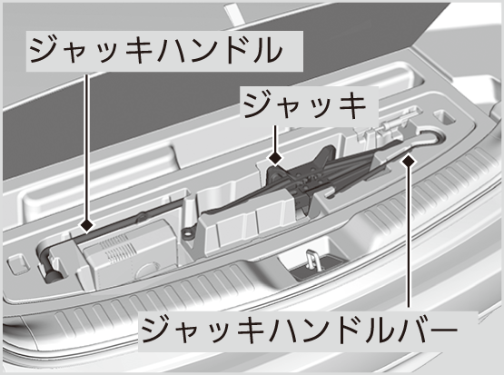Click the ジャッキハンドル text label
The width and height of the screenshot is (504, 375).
(156, 51)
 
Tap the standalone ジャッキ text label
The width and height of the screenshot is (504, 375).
(304, 104)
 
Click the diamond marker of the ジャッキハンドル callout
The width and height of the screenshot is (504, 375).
(87, 225)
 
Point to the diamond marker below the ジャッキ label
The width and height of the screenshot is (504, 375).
(275, 158)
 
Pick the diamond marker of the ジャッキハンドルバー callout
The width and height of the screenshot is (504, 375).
(409, 160)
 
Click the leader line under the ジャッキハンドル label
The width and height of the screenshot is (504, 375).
(86, 146)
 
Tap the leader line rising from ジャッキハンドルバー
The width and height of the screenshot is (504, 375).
(409, 237)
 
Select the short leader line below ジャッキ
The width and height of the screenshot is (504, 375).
(275, 139)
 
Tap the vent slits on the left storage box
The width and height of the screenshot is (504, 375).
(118, 248)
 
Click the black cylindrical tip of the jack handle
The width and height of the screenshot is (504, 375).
(51, 275)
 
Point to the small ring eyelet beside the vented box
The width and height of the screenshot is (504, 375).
(187, 233)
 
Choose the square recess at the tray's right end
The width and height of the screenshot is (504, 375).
(445, 117)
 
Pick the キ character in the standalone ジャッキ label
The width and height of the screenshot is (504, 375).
(351, 105)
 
